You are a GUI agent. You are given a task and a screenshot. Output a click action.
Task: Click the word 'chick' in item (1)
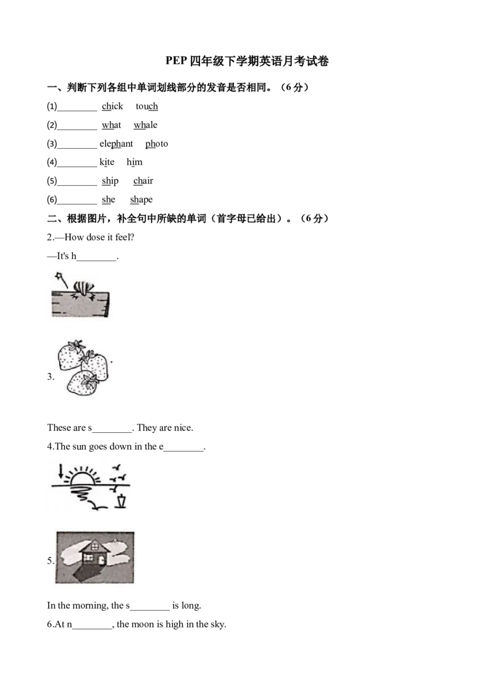tap(112, 106)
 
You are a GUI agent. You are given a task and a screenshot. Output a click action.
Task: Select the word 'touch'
tap(147, 106)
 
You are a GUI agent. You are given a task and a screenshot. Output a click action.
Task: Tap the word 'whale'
tap(145, 125)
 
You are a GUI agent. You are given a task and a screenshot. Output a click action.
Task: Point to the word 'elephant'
tap(116, 143)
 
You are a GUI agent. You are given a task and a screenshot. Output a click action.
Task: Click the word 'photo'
tap(156, 143)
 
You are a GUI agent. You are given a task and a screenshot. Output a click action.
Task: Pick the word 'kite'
tap(107, 162)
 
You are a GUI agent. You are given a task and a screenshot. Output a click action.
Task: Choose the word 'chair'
tap(143, 180)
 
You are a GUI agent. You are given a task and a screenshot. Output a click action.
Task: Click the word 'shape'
tap(141, 199)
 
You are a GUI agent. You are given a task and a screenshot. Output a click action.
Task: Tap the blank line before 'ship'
tap(77, 185)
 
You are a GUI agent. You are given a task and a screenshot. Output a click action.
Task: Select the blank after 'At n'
tap(92, 628)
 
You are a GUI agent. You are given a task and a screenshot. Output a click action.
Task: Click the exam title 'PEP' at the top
tap(176, 61)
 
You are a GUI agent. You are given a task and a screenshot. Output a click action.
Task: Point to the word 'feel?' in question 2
tap(124, 237)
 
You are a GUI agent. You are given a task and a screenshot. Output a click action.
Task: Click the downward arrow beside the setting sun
tap(61, 471)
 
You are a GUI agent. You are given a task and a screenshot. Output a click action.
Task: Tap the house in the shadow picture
tap(94, 553)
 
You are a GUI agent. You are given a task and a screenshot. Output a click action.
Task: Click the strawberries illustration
tap(83, 368)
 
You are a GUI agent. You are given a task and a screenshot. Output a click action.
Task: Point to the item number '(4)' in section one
tap(52, 162)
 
